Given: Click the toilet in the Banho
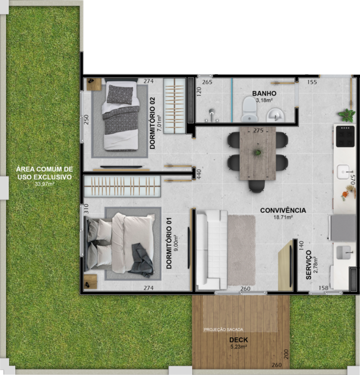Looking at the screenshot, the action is [249, 109].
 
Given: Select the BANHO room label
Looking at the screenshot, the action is [264, 94].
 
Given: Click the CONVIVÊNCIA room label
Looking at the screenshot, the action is [283, 210].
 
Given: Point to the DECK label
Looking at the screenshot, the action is [239, 340].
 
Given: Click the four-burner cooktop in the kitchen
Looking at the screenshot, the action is [345, 136].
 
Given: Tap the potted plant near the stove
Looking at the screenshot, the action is [347, 115].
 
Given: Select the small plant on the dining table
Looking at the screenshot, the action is [258, 152].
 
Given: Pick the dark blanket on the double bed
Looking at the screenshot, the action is [141, 260].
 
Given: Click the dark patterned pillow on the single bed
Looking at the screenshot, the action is [120, 95].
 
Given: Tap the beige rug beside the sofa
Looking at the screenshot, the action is [241, 250].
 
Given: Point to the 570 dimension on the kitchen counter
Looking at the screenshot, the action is [352, 180].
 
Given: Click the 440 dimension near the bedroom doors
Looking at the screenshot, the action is [199, 174].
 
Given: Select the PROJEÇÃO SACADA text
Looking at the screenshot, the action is [224, 330].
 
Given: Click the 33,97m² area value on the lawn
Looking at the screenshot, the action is [45, 184].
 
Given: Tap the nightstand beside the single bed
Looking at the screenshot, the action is [94, 84].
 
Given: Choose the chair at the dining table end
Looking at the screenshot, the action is [257, 186].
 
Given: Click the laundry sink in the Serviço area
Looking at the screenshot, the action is [344, 253].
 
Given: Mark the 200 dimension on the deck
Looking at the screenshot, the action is [286, 354].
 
